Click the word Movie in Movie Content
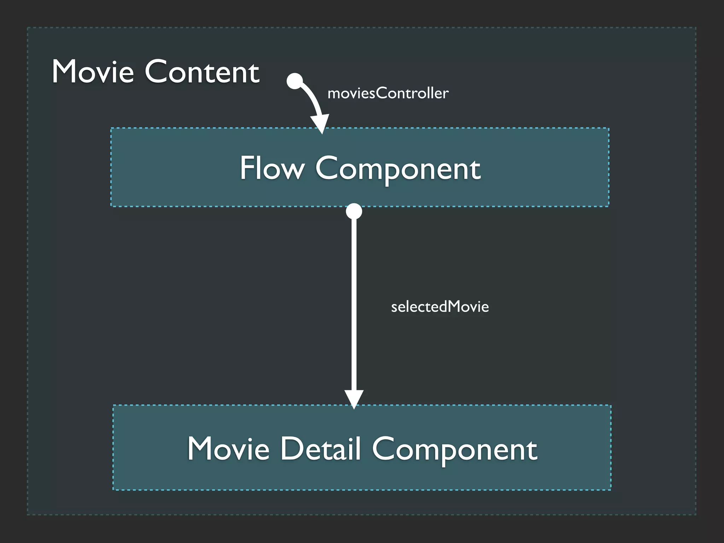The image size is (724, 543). (x=93, y=72)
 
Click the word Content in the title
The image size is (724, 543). (x=202, y=72)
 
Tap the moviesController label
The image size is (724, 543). (x=388, y=93)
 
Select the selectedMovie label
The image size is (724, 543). (x=440, y=306)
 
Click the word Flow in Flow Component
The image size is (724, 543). (x=272, y=168)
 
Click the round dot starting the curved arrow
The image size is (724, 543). (x=295, y=81)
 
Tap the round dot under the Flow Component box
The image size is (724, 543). (x=354, y=211)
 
